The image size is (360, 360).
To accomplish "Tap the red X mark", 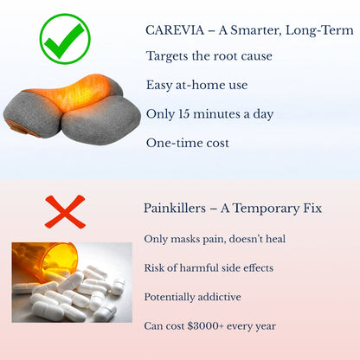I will (x=65, y=211).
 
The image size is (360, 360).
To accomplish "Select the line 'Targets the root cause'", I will (x=209, y=56).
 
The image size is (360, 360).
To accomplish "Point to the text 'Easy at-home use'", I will (x=196, y=84).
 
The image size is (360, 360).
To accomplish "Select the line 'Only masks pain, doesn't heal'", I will (x=215, y=238).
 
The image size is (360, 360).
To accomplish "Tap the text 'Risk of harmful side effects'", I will (x=211, y=267).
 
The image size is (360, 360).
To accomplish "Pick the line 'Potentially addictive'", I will (x=192, y=297).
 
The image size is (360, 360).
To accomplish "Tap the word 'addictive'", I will (x=219, y=297).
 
